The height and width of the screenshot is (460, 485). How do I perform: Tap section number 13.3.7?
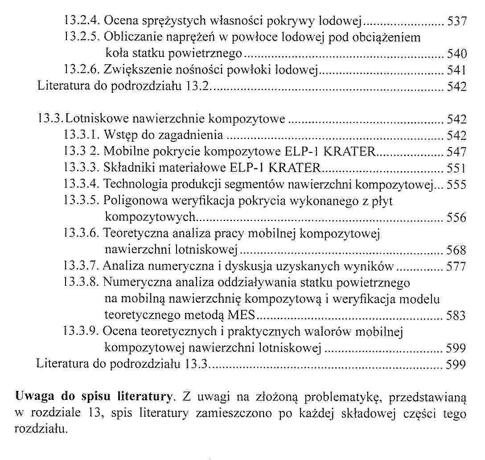point(82,266)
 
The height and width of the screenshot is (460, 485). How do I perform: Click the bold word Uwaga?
point(33,395)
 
